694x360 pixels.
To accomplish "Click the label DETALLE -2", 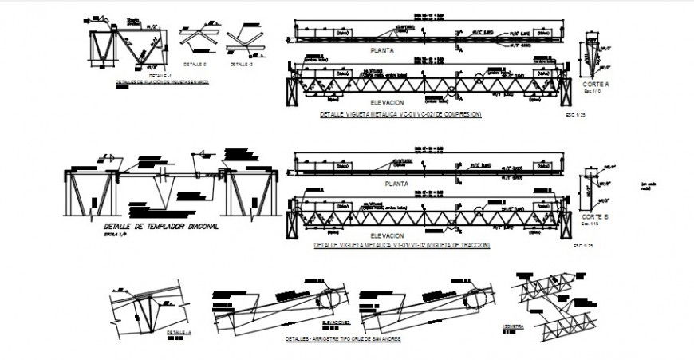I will [x=195, y=63].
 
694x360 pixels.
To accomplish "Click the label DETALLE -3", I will [x=241, y=63].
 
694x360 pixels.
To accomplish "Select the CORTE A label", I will [x=595, y=84].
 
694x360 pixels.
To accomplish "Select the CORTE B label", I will [x=595, y=217].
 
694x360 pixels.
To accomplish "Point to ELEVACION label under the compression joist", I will [x=387, y=103].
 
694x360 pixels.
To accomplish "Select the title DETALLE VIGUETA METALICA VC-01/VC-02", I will [x=400, y=114].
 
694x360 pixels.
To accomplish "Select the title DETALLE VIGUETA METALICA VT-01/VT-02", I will [x=402, y=245].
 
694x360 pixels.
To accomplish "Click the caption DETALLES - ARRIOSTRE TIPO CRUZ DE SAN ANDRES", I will [x=343, y=339].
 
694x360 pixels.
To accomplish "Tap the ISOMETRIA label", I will [x=515, y=326].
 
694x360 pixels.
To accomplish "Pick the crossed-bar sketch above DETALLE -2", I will [x=195, y=40].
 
